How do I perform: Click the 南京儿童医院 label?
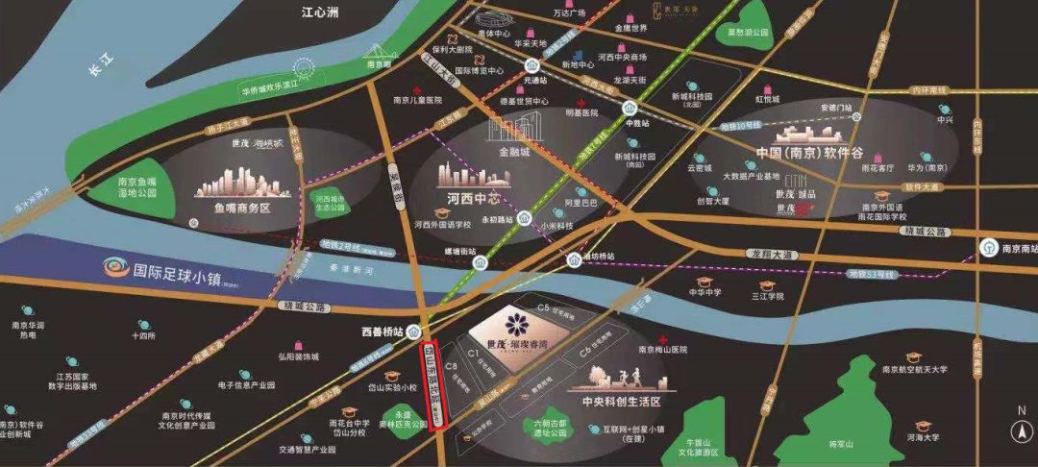coord(417,99)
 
